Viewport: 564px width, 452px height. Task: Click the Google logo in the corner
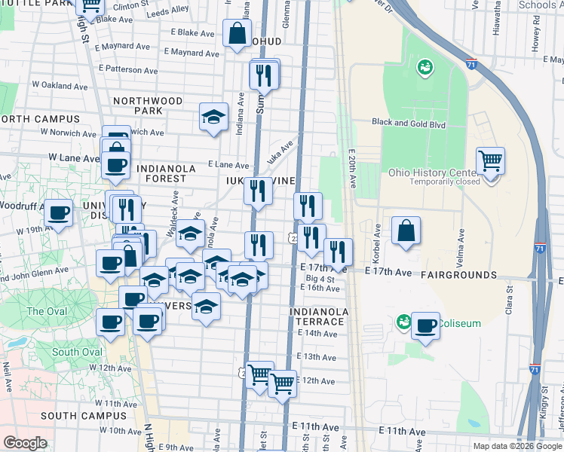[24, 443]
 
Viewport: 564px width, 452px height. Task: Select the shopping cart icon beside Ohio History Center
[490, 160]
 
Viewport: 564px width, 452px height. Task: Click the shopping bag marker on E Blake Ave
[237, 33]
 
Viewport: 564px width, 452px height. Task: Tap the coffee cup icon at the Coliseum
[425, 325]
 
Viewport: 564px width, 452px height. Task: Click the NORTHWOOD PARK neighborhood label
[148, 105]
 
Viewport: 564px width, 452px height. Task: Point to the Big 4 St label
[320, 279]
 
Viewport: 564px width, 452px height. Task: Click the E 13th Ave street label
[316, 356]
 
